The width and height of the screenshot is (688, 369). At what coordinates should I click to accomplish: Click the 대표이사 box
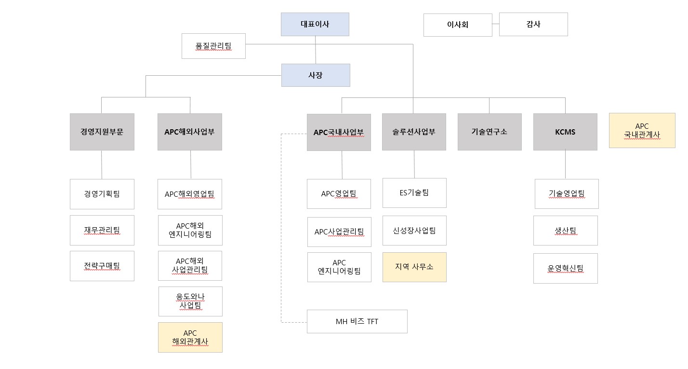coord(315,24)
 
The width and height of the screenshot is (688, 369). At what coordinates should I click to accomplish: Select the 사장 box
coord(316,75)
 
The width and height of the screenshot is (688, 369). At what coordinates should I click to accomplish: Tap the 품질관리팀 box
coord(213,46)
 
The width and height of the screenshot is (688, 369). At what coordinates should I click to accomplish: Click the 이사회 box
coord(458,25)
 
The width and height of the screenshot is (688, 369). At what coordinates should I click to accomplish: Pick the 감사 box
coord(533,24)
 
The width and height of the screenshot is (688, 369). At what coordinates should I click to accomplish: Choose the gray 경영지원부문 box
coord(102,132)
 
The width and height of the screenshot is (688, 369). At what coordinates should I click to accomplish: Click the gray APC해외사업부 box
coord(190,132)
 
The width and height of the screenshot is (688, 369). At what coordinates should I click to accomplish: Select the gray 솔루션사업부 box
coord(414,132)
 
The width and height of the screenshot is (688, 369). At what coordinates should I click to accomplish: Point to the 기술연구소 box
coord(489,132)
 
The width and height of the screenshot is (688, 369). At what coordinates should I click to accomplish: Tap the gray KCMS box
coord(565,132)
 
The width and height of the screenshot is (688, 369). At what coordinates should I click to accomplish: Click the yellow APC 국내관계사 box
coord(642,130)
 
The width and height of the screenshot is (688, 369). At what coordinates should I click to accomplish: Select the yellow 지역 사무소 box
coord(414,267)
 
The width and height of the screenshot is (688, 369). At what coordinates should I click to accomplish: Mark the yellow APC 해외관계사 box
coord(190,337)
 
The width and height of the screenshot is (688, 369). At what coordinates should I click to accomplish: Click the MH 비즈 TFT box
coord(357,321)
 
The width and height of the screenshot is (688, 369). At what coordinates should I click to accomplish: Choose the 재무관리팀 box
coord(102,230)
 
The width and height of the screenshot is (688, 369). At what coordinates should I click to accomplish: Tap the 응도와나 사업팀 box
coord(190,301)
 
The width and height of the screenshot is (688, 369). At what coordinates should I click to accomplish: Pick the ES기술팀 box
coord(414,192)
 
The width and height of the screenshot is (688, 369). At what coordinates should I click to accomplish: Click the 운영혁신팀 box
coord(566,268)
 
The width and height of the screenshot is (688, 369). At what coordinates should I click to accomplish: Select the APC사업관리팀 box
coord(339,232)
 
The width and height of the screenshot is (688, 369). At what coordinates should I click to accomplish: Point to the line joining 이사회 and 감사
coord(496,24)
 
